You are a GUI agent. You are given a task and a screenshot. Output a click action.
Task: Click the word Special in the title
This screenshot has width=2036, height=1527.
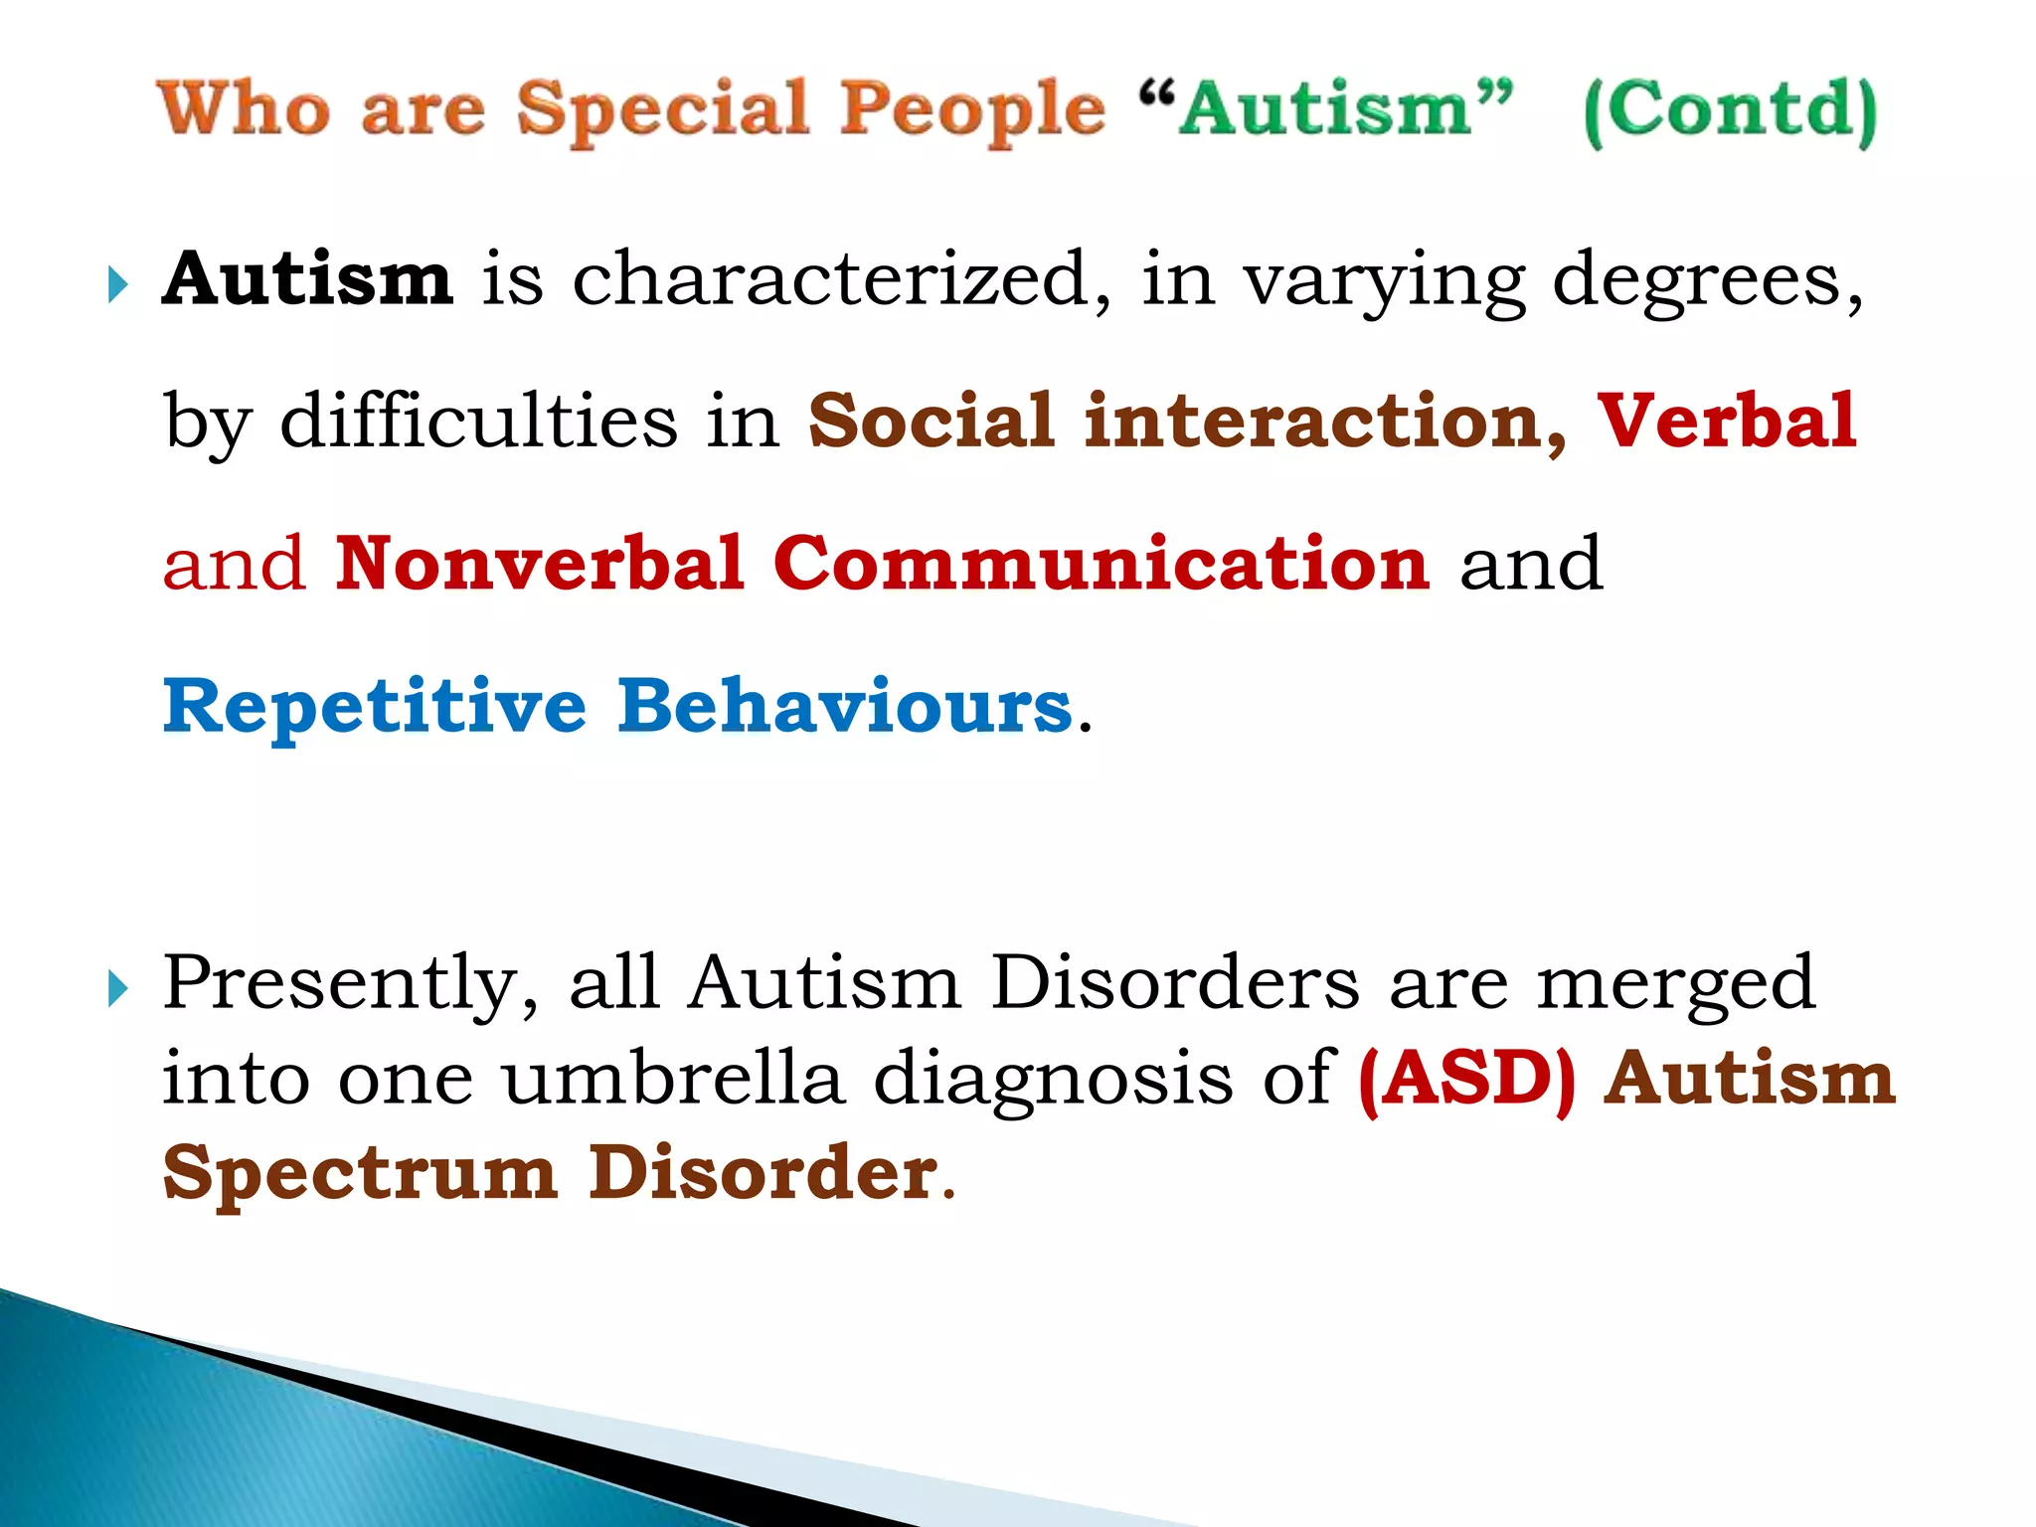point(662,109)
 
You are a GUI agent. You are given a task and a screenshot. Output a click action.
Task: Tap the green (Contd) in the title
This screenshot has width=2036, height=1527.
point(1730,111)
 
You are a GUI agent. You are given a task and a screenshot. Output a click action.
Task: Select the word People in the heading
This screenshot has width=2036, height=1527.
point(972,111)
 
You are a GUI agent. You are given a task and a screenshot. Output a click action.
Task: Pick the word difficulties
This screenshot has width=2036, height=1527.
point(478,421)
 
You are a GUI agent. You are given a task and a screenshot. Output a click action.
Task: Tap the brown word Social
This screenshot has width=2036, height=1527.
point(932,421)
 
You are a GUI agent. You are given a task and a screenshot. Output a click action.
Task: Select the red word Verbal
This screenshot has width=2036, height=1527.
point(1727,421)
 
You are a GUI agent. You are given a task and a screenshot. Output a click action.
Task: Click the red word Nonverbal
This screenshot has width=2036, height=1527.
point(540,564)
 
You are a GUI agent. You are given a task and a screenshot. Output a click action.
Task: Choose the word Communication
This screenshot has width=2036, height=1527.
point(1102,564)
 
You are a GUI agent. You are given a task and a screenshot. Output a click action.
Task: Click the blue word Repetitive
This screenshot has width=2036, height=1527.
point(375,707)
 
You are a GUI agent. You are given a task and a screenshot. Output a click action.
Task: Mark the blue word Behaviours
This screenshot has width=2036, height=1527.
point(845,707)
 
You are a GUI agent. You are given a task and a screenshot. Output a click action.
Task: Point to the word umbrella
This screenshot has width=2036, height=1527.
point(673,1078)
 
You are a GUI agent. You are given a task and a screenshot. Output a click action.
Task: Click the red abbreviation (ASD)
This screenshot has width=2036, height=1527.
point(1467,1080)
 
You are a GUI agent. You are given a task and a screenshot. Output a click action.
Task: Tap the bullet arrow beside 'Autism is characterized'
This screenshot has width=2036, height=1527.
point(118,286)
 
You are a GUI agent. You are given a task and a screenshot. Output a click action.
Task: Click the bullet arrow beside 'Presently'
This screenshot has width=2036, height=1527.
point(118,988)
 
